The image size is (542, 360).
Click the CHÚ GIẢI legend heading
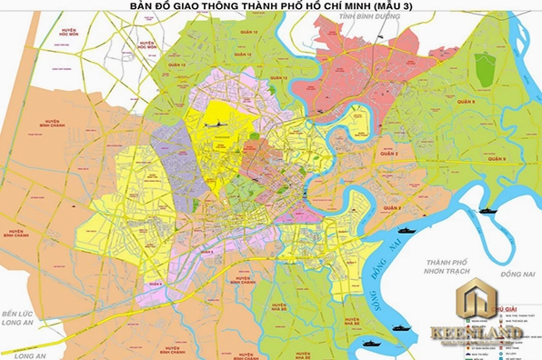pos(506,310)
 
